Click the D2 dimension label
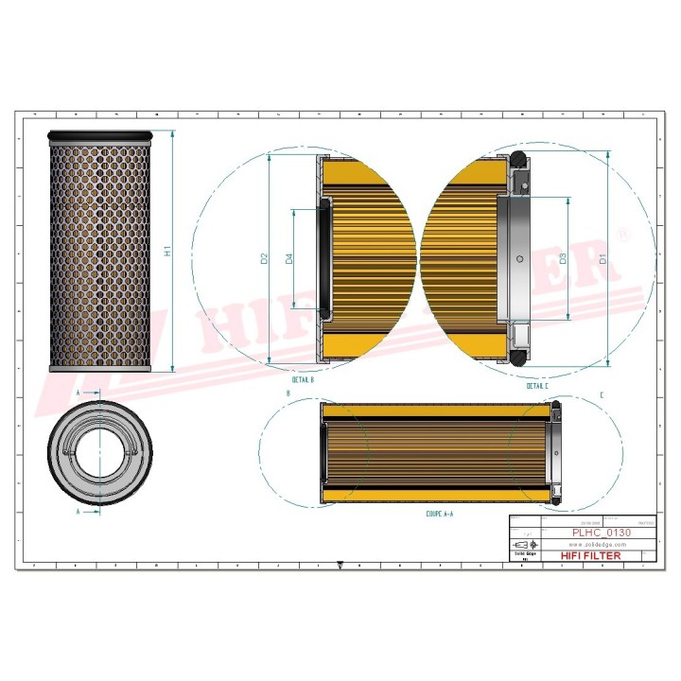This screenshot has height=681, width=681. pos(265,257)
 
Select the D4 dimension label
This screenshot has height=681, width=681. pos(289,257)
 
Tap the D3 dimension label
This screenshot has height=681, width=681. pos(563,257)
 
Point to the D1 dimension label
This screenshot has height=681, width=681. pos(602,257)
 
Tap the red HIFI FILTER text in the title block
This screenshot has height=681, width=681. pos(591,555)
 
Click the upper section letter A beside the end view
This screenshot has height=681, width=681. pos(78,391)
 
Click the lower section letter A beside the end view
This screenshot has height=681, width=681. pos(78,511)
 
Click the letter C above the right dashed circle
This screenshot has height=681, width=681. pos(602,393)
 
